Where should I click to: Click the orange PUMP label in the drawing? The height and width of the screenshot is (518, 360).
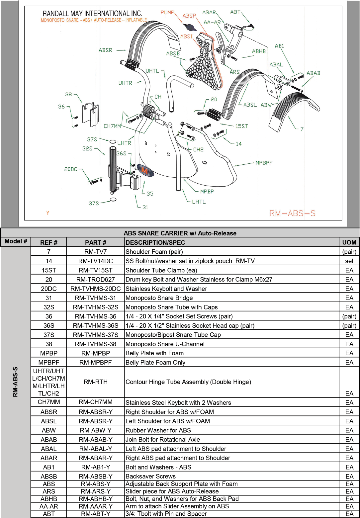click(x=167, y=13)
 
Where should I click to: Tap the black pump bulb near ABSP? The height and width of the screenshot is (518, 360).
click(x=192, y=28)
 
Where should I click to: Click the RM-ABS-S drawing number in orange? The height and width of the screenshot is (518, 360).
click(x=292, y=214)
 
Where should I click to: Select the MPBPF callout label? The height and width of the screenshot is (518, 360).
click(x=264, y=163)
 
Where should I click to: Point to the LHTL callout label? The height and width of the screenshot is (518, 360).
click(x=199, y=202)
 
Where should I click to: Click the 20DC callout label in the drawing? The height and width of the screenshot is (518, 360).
click(x=71, y=169)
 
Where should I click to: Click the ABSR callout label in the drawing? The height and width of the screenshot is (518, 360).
click(x=105, y=50)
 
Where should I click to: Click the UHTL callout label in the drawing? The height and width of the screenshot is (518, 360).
click(x=152, y=71)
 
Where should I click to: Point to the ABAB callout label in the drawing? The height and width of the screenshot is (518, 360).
click(x=313, y=73)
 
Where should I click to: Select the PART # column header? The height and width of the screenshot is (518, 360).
click(x=96, y=242)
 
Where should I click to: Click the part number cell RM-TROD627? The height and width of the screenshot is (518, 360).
click(x=96, y=280)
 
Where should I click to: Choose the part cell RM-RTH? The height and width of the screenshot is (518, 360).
click(x=96, y=382)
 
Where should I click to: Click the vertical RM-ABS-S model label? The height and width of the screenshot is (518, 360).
click(x=15, y=382)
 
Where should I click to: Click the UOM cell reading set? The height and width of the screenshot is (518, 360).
click(x=349, y=261)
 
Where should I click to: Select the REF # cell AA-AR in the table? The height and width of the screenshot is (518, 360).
click(x=49, y=506)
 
